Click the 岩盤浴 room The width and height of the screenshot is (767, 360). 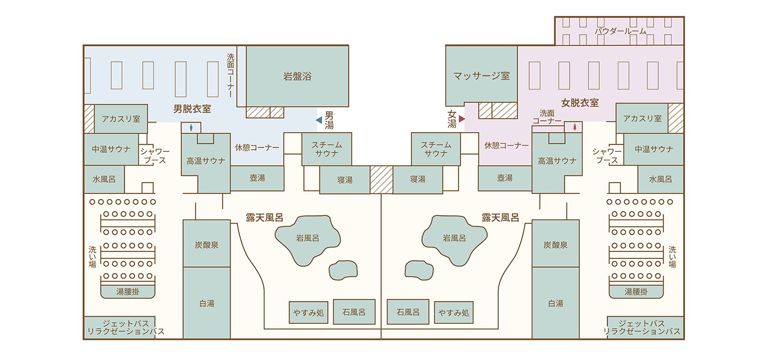[x=297, y=76]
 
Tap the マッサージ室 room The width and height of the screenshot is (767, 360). [x=481, y=76]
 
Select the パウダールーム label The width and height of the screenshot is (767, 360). [x=620, y=31]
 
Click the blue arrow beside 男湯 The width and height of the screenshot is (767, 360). [x=319, y=120]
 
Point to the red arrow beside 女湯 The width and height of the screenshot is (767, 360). [x=462, y=119]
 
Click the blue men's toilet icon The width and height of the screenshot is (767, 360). [x=191, y=128]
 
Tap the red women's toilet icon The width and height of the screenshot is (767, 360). [x=574, y=127]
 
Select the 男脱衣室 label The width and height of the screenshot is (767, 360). [x=192, y=109]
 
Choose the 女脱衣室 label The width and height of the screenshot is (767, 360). [x=580, y=103]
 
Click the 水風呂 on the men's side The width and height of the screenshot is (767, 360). [x=104, y=179]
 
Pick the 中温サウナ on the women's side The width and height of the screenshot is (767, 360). [x=654, y=149]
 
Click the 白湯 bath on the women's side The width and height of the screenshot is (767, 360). [x=555, y=303]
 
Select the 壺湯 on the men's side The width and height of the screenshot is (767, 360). [x=257, y=178]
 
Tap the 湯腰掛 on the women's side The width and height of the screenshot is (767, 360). [x=636, y=291]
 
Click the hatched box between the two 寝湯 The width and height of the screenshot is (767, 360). [x=381, y=179]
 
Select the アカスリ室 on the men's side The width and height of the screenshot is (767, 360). [x=120, y=119]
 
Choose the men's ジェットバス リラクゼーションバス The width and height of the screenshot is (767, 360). [x=119, y=328]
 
